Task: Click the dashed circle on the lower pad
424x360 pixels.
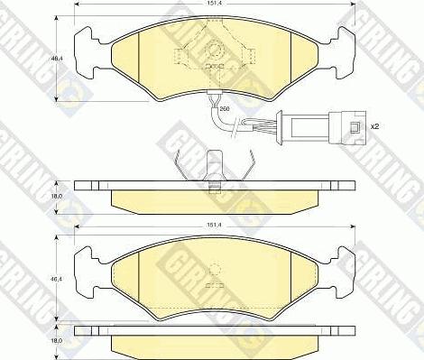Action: (x=214, y=268)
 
